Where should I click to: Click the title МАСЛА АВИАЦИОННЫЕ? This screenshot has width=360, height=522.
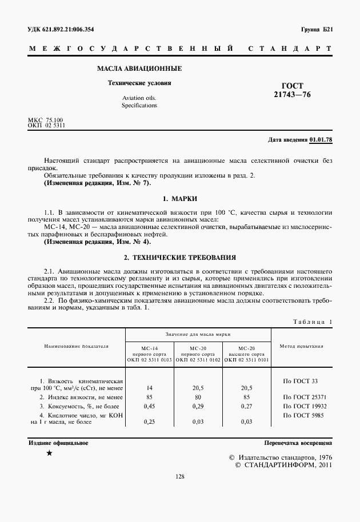pos(139,69)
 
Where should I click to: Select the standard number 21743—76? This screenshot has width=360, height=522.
pos(292,95)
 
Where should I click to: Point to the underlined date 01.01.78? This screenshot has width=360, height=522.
pos(321,139)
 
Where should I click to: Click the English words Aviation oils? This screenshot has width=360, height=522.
pos(139,98)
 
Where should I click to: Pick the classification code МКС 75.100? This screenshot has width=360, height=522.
pos(45,119)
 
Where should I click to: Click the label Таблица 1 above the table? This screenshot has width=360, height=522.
pos(312,322)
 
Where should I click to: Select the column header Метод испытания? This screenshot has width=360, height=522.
pos(301,346)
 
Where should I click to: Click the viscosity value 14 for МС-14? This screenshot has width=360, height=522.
pos(149,388)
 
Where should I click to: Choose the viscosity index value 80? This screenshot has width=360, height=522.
pos(198,397)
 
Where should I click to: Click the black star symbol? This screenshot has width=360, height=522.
pos(50,453)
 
